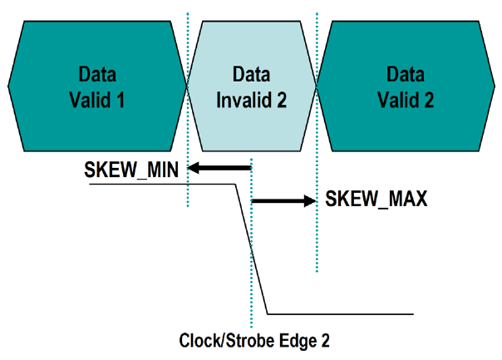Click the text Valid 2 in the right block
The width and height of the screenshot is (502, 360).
[x=405, y=101]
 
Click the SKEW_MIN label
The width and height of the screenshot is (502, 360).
[x=134, y=170]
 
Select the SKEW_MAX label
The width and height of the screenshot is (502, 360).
[x=376, y=200]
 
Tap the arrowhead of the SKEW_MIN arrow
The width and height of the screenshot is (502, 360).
[x=194, y=170]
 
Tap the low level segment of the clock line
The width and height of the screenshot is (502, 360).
[x=341, y=313]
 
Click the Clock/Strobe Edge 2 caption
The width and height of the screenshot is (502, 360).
[x=250, y=340]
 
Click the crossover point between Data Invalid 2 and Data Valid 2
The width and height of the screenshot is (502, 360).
[x=317, y=85]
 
